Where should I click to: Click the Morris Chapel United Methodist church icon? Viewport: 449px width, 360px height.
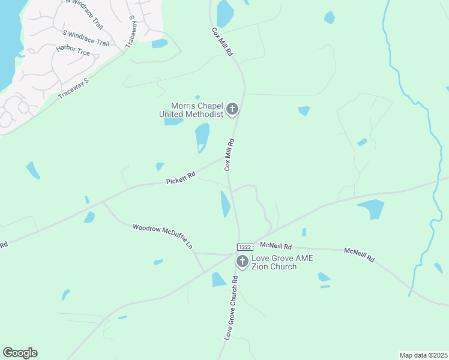(x=232, y=110)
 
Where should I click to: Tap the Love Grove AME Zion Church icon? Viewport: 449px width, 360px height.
(x=243, y=261)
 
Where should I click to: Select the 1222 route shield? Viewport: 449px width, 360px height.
(x=244, y=247)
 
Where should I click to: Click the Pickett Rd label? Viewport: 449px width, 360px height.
(x=181, y=178)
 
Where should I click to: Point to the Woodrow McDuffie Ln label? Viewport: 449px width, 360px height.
(x=163, y=236)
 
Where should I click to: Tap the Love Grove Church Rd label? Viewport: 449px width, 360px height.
(x=232, y=308)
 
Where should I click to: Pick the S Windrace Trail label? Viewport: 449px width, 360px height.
(x=86, y=38)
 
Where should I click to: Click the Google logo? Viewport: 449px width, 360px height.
(x=20, y=353)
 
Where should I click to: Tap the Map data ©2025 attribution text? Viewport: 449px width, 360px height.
(x=424, y=355)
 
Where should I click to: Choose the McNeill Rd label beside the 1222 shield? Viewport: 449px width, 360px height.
(x=276, y=246)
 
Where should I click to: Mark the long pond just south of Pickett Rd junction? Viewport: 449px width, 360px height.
(x=225, y=204)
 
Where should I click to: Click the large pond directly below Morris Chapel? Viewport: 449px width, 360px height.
(x=202, y=137)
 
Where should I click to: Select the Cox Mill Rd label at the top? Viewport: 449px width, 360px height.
(x=222, y=41)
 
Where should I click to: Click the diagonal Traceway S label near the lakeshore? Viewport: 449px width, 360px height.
(x=73, y=88)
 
